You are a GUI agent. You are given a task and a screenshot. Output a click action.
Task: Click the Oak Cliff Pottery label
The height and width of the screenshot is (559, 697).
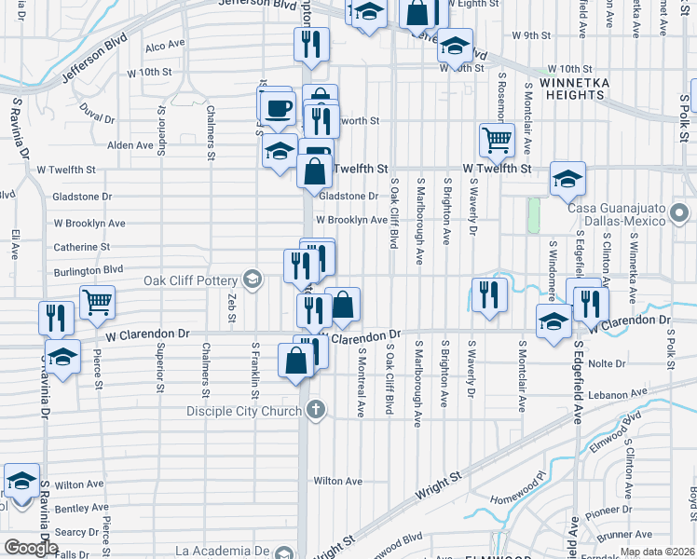191,279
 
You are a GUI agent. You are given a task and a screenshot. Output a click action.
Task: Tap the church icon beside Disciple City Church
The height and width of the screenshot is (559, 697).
317,409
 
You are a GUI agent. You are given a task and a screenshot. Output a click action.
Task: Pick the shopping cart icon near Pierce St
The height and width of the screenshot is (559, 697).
97,303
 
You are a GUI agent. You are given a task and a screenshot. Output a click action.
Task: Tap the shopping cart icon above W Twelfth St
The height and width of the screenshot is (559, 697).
497,140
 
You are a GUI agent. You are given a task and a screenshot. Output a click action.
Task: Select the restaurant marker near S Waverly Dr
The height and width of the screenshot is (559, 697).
488,294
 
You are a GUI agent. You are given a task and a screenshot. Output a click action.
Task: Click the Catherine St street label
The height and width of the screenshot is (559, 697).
81,247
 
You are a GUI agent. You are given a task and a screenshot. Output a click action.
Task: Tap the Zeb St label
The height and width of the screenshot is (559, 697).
230,302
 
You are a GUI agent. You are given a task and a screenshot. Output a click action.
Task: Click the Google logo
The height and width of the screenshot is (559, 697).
31,548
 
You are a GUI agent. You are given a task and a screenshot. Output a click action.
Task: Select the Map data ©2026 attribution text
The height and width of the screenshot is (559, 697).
657,552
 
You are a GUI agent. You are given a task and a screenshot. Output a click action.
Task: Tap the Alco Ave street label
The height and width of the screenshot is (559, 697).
165,45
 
